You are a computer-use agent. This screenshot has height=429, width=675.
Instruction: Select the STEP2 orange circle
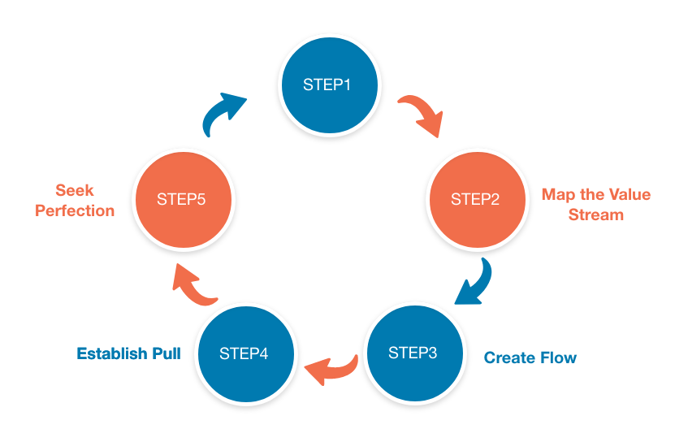tap(475, 199)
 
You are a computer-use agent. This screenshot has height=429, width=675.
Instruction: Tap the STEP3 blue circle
tap(413, 353)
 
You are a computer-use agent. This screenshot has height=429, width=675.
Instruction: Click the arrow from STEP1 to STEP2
tap(421, 115)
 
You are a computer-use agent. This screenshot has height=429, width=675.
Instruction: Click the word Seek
tap(75, 191)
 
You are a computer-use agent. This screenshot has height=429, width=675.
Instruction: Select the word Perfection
tap(75, 210)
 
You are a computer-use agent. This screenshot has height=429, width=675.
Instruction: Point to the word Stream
tap(595, 215)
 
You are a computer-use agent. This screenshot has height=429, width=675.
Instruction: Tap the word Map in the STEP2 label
tap(556, 195)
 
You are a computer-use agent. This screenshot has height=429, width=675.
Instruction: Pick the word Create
tap(508, 357)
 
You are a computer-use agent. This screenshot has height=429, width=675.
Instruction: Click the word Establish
tap(113, 353)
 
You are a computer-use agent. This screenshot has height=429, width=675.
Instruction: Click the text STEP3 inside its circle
tap(413, 353)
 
